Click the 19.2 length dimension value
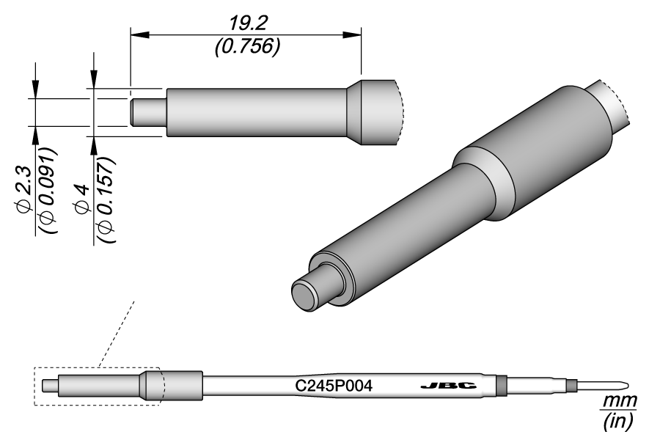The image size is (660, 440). [248, 24]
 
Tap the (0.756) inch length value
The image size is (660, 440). [247, 46]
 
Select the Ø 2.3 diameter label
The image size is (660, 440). [24, 187]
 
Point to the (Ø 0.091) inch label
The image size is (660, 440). [47, 190]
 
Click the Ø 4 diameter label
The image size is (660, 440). [82, 198]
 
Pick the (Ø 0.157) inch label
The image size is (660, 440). [105, 199]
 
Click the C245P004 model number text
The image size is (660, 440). [334, 386]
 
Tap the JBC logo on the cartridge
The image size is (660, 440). [448, 386]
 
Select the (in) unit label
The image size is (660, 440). [619, 421]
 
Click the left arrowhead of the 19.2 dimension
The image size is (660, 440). [140, 35]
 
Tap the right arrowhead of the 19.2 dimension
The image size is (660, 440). [351, 35]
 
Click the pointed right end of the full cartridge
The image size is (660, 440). [628, 385]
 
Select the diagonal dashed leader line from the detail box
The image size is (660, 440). [116, 334]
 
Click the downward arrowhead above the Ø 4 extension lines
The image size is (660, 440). [94, 78]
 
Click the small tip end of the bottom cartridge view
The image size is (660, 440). [50, 386]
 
